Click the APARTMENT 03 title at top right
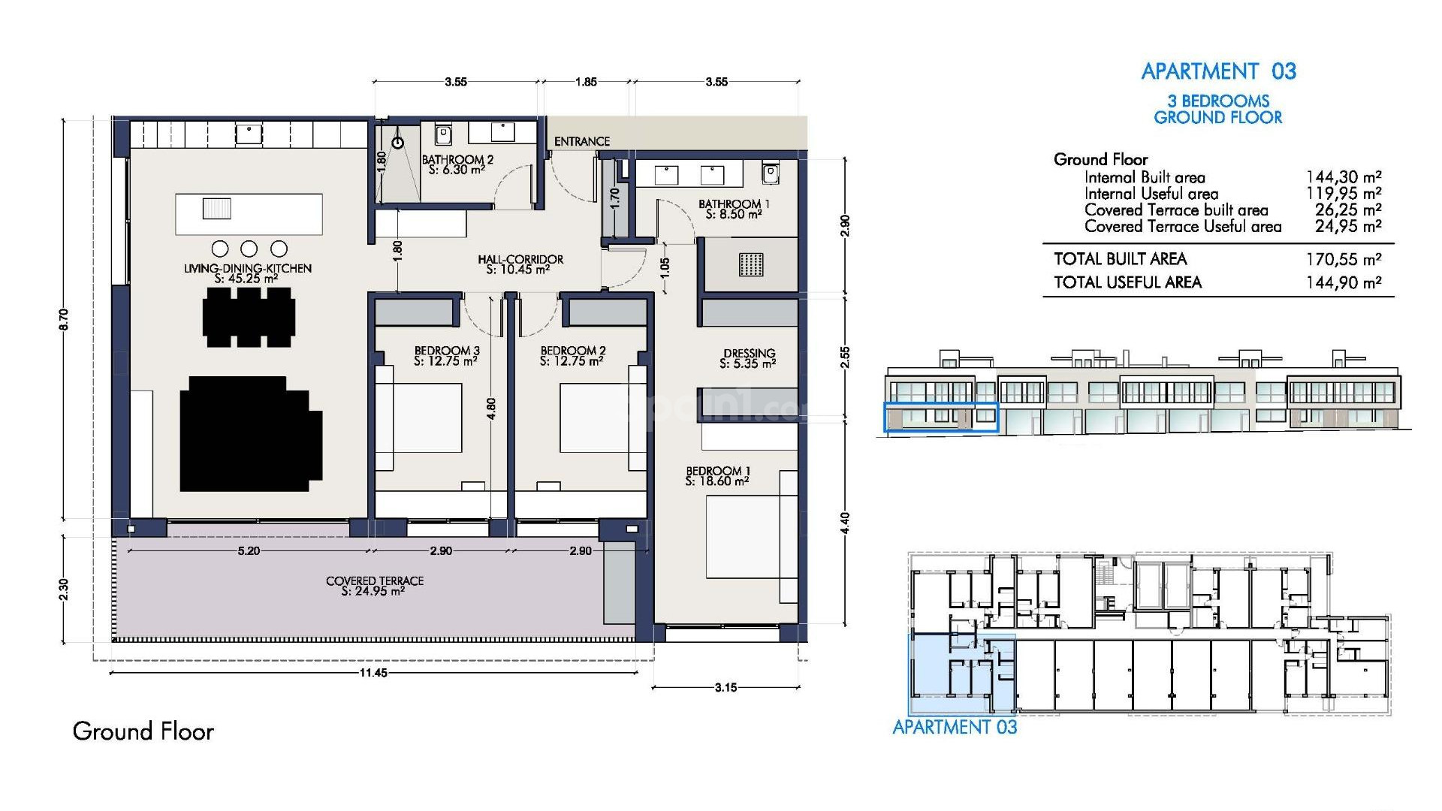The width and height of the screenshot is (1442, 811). [1218, 71]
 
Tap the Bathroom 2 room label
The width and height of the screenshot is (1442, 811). [457, 164]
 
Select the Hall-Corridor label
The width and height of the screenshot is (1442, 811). [520, 264]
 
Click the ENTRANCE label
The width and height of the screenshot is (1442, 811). [581, 141]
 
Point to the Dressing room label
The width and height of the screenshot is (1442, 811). [749, 358]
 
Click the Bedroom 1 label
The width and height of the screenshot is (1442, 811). [717, 476]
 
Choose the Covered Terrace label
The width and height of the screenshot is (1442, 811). [374, 586]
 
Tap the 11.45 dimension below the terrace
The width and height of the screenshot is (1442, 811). [373, 673]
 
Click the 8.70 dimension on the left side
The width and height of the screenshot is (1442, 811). [64, 319]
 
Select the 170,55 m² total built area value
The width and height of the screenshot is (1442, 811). [1344, 260]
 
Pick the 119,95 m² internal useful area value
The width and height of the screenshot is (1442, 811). [1344, 194]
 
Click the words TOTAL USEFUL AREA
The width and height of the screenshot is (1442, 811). [1127, 282]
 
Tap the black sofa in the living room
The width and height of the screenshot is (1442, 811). [250, 434]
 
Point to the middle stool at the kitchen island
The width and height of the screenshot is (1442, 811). [249, 249]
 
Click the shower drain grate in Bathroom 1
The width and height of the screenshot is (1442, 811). [750, 264]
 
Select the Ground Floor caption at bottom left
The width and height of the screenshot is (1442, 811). [143, 731]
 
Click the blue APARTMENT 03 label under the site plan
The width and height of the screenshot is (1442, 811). [955, 727]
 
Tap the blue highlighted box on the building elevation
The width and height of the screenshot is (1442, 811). [940, 418]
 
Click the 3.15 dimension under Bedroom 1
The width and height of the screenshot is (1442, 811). [726, 687]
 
